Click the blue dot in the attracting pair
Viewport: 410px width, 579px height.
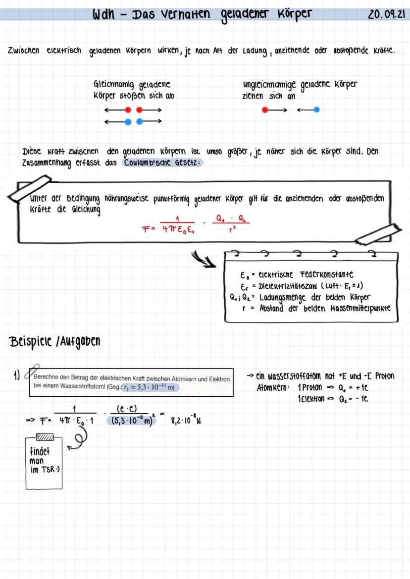(x=316, y=109)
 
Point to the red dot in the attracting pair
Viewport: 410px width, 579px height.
(x=265, y=109)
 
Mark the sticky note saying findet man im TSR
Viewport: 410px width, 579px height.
(x=44, y=462)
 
